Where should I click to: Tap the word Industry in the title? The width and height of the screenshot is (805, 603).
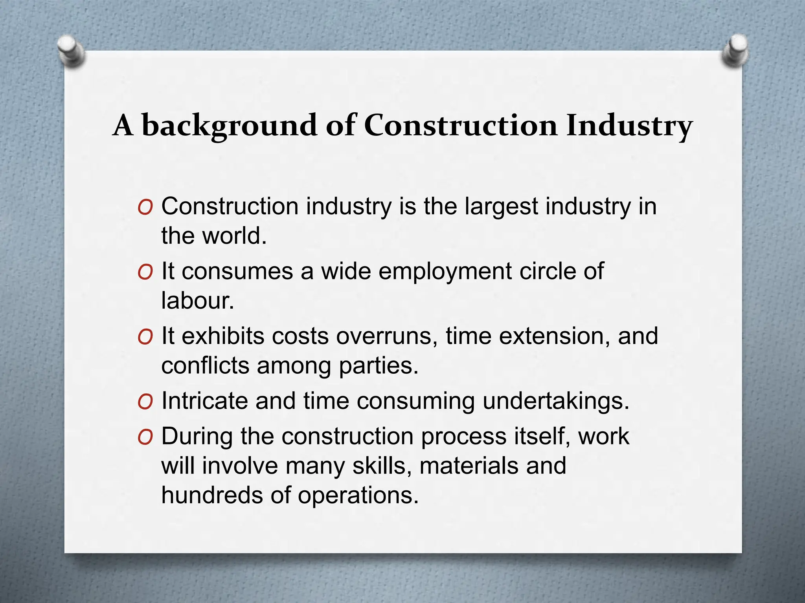(629, 126)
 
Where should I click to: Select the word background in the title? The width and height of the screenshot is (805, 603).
(229, 126)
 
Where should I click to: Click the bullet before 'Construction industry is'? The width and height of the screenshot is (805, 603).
(145, 207)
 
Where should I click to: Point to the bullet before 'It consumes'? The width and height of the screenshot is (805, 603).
(145, 272)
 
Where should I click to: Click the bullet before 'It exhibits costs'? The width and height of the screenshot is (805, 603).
(145, 337)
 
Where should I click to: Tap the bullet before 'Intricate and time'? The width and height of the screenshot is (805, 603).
(145, 402)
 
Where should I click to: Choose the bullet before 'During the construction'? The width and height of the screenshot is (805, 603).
(145, 437)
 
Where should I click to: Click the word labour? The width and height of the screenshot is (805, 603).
(197, 301)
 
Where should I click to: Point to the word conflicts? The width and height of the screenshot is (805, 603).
(205, 366)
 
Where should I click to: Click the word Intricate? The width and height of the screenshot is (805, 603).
(204, 401)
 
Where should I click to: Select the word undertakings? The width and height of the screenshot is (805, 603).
(555, 402)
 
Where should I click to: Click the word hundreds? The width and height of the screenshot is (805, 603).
(212, 495)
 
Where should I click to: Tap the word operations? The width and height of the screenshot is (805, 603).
(358, 496)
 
